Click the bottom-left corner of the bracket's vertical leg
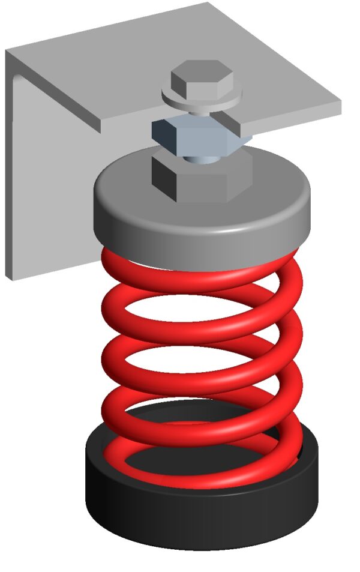8,277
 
